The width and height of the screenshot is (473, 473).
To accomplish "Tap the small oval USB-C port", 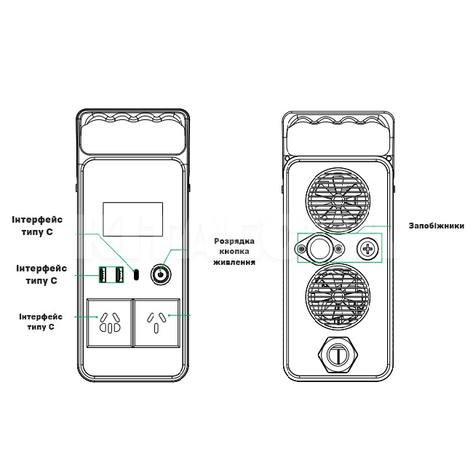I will click(x=136, y=274).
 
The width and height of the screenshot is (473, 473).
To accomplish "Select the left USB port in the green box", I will click(x=105, y=274).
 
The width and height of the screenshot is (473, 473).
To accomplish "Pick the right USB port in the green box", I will click(x=119, y=274).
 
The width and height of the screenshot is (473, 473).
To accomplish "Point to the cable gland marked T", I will click(x=336, y=354).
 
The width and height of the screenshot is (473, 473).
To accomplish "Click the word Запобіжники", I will click(x=436, y=226).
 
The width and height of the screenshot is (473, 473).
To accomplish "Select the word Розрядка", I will click(x=234, y=241).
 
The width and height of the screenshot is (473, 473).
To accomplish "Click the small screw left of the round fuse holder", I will click(x=301, y=250).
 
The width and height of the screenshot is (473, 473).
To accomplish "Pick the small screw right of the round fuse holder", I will click(x=338, y=250).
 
